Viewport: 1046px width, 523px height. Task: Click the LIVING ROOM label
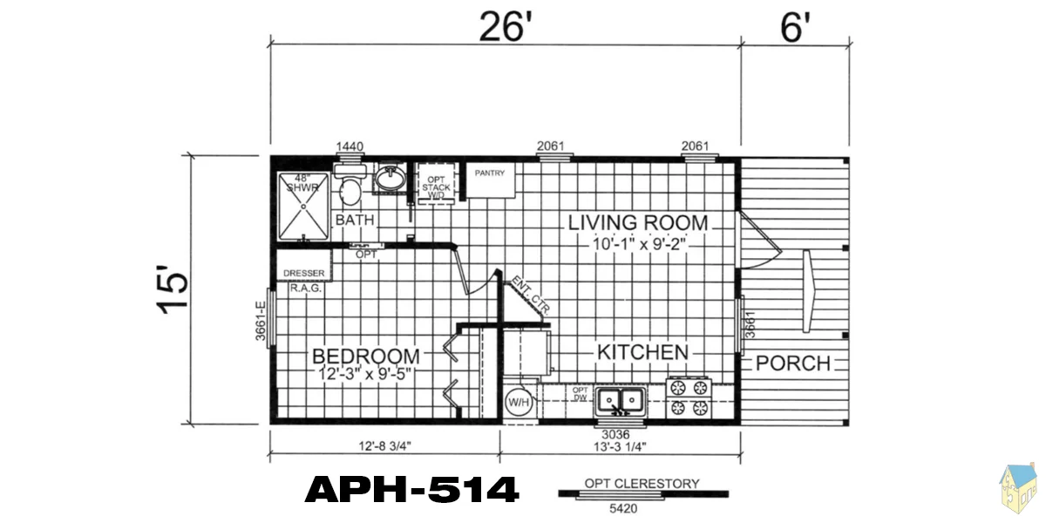pos(638,223)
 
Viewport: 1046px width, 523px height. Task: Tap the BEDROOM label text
pos(366,357)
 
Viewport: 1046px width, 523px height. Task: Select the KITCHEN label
pos(643,352)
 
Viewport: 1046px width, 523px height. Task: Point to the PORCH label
pos(793,363)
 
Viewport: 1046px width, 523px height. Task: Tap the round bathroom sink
pos(391,178)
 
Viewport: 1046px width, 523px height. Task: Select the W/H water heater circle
pos(519,402)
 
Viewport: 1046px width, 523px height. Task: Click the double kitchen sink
pos(621,401)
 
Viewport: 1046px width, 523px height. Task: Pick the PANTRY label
pos(490,173)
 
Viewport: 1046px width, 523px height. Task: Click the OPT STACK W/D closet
pos(436,184)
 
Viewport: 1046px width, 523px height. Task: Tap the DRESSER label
pos(304,273)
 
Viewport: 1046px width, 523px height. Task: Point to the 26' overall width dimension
pos(506,27)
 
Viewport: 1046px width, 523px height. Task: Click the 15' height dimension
pos(172,290)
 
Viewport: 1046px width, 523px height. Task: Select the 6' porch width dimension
pos(795,27)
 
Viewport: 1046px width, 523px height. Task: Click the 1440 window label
pos(350,146)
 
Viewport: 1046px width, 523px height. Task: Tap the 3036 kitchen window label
pos(615,435)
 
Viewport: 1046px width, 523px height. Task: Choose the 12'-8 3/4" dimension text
pos(384,446)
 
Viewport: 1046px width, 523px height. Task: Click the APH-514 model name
pos(411,489)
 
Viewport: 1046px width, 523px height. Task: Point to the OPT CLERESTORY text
pos(642,484)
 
